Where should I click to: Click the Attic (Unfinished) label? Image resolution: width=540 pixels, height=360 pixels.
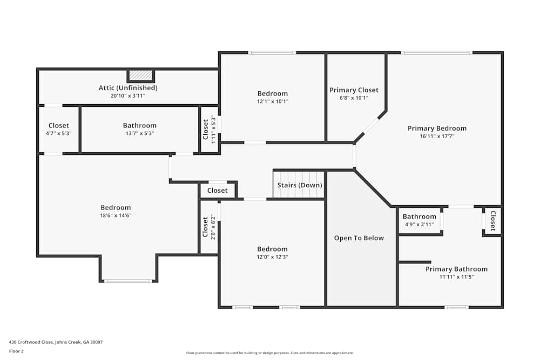[128, 87]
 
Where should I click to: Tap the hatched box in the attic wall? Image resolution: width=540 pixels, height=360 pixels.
[141, 76]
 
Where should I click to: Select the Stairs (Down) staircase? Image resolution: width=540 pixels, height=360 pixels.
[299, 185]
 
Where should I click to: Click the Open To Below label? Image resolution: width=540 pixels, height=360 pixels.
[359, 238]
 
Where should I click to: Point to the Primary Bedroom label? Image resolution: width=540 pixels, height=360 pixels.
[437, 128]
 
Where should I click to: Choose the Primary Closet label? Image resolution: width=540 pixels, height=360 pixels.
[354, 90]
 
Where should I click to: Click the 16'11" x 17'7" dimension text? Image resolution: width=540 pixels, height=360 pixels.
[437, 136]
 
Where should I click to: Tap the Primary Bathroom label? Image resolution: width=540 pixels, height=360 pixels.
[456, 269]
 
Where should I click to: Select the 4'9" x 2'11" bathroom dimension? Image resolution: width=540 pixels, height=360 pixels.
[419, 225]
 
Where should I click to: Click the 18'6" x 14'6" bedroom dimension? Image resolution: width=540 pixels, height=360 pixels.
[116, 215]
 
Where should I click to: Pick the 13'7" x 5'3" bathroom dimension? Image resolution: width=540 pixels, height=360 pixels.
[139, 133]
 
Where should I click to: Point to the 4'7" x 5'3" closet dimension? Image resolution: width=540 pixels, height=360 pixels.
[58, 133]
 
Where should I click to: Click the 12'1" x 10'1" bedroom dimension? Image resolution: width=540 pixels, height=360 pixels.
[272, 101]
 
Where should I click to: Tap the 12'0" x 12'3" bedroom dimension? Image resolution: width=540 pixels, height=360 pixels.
[272, 257]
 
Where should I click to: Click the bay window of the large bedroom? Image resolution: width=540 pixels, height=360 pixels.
[128, 281]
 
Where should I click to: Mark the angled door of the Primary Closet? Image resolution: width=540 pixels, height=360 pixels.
[370, 126]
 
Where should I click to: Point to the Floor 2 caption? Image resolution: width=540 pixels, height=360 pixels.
[16, 351]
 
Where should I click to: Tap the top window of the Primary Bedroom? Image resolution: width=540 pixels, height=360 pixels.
[436, 52]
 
